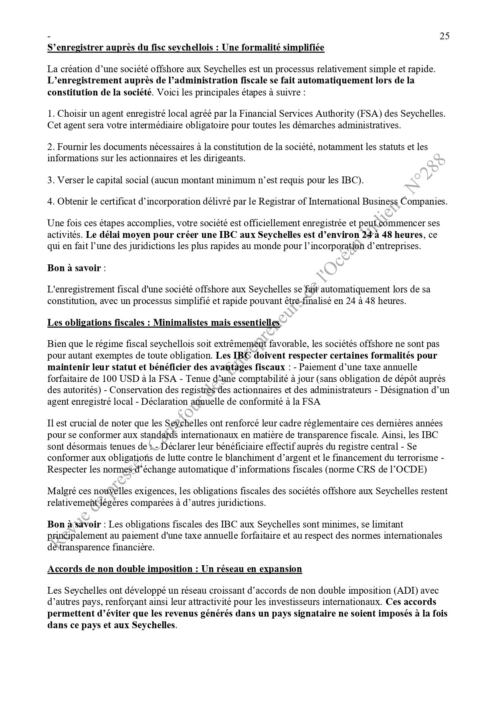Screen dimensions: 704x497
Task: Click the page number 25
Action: tap(444, 36)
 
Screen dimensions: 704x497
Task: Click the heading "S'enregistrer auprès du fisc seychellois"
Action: tap(186, 48)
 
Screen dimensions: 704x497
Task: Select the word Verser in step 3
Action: tap(70, 180)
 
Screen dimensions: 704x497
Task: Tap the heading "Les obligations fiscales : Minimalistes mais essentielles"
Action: tap(163, 323)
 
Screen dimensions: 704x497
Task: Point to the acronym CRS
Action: tap(365, 469)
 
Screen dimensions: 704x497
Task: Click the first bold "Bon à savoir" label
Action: tap(74, 268)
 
